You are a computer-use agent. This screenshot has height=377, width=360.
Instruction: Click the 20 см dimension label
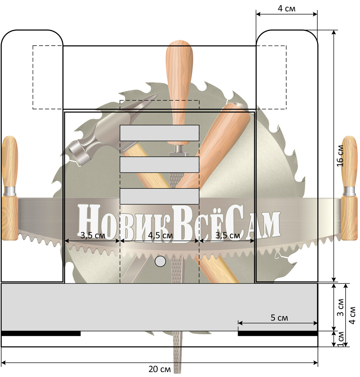159,369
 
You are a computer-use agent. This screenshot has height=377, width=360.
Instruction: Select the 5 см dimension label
279,318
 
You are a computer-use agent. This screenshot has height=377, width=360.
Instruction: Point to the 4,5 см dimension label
160,235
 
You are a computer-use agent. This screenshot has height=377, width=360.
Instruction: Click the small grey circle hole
160,261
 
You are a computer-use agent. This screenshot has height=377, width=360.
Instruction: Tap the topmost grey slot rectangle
159,133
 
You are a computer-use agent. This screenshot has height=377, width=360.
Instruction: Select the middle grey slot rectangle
159,165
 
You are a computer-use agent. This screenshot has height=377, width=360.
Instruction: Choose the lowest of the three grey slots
159,196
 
